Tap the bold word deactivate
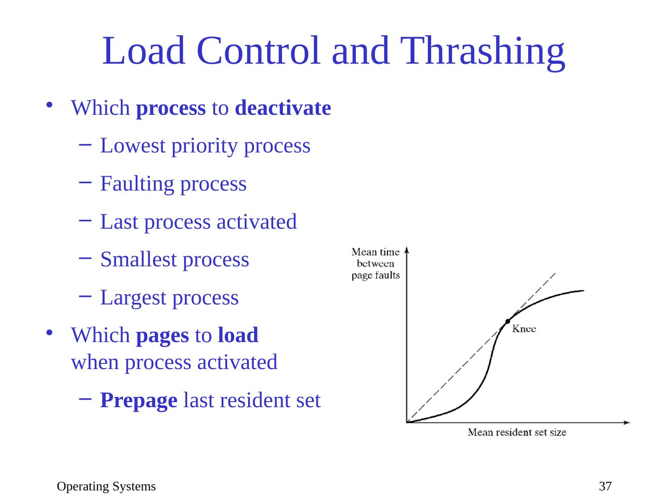[283, 108]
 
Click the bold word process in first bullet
[171, 108]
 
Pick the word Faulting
[137, 184]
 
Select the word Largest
[133, 297]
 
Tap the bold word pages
[162, 335]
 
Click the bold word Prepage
[138, 400]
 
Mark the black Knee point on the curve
[508, 321]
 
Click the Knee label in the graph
[524, 329]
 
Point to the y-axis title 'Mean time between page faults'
[375, 264]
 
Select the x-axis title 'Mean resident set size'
[517, 433]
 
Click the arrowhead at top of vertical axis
[407, 250]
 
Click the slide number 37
[605, 487]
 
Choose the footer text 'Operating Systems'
[106, 487]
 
